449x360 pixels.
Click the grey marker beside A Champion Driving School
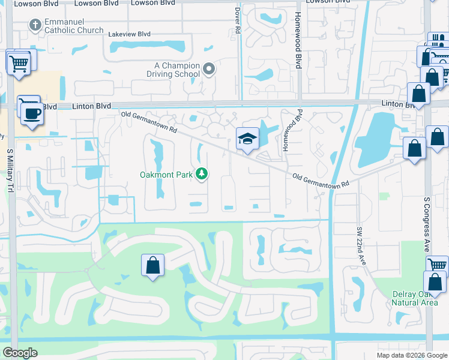pyautogui.click(x=209, y=70)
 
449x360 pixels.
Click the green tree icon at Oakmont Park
pyautogui.click(x=203, y=175)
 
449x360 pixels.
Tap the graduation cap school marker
pyautogui.click(x=247, y=140)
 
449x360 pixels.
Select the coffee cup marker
pyautogui.click(x=32, y=115)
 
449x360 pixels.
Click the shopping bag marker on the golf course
pyautogui.click(x=153, y=266)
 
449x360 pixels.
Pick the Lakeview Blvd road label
pyautogui.click(x=129, y=34)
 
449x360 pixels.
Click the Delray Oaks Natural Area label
pyautogui.click(x=414, y=298)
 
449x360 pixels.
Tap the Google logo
pyautogui.click(x=20, y=353)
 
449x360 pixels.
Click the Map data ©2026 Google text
pyautogui.click(x=412, y=355)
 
